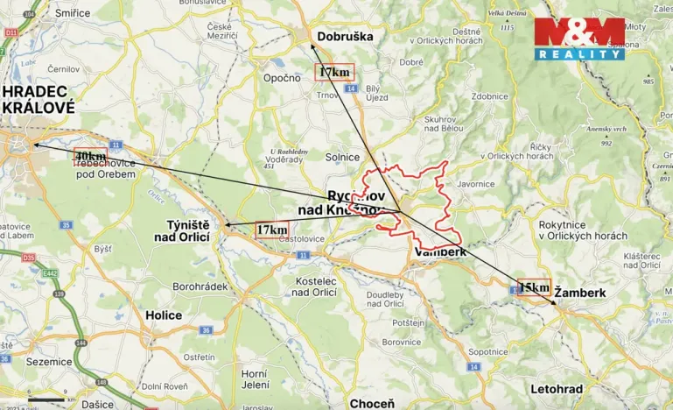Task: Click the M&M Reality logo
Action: (x=580, y=39)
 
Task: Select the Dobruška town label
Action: (x=345, y=37)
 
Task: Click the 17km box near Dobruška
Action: (x=335, y=71)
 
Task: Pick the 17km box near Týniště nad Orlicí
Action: (x=272, y=230)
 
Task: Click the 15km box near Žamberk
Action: (x=534, y=286)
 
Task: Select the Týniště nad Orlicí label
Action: (x=188, y=230)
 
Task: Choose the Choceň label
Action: (x=372, y=403)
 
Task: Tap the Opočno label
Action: (x=283, y=77)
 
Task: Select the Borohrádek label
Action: (x=200, y=286)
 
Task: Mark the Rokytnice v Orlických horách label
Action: (x=583, y=230)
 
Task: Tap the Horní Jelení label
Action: (x=254, y=379)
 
